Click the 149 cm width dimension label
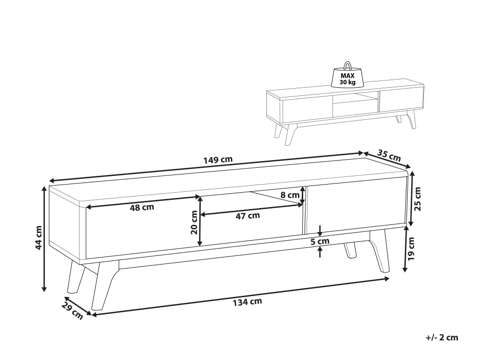(x=218, y=160)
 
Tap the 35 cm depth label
(x=388, y=155)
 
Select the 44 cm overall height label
(x=38, y=237)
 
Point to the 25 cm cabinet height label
(x=417, y=198)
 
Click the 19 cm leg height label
(x=411, y=248)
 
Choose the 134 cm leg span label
(x=248, y=302)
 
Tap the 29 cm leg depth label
(x=72, y=311)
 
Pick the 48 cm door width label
(x=142, y=208)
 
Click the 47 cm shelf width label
(x=248, y=216)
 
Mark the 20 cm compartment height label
(x=194, y=222)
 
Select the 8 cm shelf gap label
(x=290, y=195)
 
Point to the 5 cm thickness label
(x=320, y=242)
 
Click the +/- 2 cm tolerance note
(x=442, y=337)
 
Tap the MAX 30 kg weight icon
(x=347, y=75)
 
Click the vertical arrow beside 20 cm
(x=200, y=221)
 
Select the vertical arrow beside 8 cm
(x=302, y=195)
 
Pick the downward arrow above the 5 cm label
(x=320, y=231)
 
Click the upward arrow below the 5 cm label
(x=320, y=252)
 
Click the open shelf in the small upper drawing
(x=355, y=105)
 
